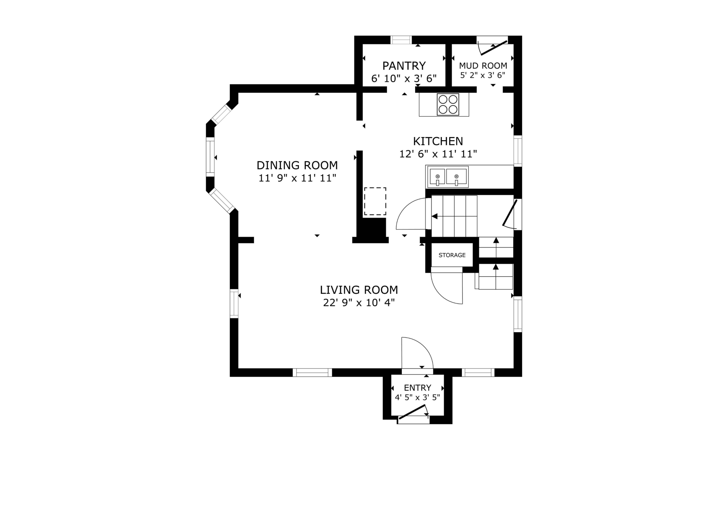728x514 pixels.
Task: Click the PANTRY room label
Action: click(x=404, y=66)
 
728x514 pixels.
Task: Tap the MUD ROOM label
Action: click(x=483, y=66)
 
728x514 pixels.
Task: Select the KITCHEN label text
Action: click(x=438, y=141)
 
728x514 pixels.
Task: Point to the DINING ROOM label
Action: click(x=297, y=165)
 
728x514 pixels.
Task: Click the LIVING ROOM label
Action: click(x=359, y=290)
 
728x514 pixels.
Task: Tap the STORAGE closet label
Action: click(x=452, y=255)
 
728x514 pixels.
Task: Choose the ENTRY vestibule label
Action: click(x=418, y=388)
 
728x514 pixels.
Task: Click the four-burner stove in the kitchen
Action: click(x=448, y=104)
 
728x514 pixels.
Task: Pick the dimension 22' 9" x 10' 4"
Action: click(x=359, y=302)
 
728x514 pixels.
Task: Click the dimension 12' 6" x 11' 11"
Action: click(x=438, y=154)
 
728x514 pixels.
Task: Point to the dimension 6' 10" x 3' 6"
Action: click(x=404, y=78)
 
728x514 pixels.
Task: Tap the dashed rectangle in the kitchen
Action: click(x=375, y=201)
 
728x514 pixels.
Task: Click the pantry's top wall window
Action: click(x=401, y=40)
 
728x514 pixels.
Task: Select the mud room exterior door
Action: click(x=493, y=48)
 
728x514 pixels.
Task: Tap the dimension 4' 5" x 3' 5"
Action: click(x=417, y=397)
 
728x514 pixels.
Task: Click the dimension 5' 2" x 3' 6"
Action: click(x=483, y=75)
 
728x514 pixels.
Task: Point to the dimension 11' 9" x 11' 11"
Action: click(x=297, y=178)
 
